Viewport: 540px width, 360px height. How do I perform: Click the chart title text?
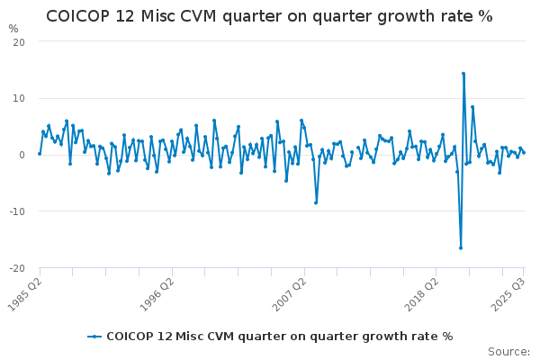pyautogui.click(x=269, y=16)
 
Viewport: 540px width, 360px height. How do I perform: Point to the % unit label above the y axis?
pyautogui.click(x=13, y=29)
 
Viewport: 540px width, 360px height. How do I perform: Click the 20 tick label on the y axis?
pyautogui.click(x=18, y=41)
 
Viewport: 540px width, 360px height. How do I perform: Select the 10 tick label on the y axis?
pyautogui.click(x=18, y=98)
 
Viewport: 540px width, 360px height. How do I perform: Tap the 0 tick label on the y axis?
pyautogui.click(x=21, y=155)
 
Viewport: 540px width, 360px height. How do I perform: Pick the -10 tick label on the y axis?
pyautogui.click(x=15, y=211)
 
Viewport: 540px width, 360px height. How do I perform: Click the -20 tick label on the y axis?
pyautogui.click(x=15, y=268)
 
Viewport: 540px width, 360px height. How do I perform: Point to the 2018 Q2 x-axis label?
pyautogui.click(x=420, y=292)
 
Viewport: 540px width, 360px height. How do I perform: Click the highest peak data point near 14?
pyautogui.click(x=463, y=74)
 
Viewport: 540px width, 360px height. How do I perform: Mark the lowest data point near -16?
pyautogui.click(x=461, y=247)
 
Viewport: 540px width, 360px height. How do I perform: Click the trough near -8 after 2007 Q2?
pyautogui.click(x=316, y=202)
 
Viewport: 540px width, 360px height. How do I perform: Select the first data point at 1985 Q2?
pyautogui.click(x=40, y=154)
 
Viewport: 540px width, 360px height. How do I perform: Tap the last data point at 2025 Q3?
pyautogui.click(x=524, y=152)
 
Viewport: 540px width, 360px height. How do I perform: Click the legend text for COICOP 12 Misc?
pyautogui.click(x=279, y=337)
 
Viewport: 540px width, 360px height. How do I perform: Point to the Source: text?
pyautogui.click(x=508, y=351)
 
